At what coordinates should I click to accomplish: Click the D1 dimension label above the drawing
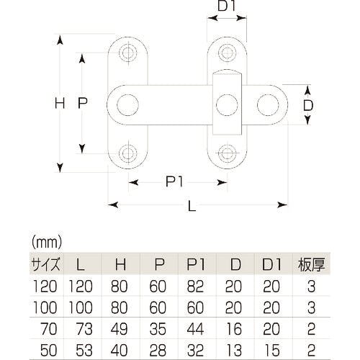(x=227, y=6)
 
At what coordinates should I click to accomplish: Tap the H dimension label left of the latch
(x=60, y=103)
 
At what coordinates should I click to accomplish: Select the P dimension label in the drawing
(x=83, y=103)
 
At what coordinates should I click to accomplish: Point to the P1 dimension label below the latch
(x=174, y=181)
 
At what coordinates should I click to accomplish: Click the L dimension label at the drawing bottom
(x=192, y=206)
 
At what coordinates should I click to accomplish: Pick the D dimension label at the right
(x=308, y=105)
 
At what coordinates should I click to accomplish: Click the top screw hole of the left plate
(x=128, y=53)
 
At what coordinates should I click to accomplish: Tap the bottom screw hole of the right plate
(x=227, y=153)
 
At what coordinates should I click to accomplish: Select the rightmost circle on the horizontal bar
(x=268, y=105)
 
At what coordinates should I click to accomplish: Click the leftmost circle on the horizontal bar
(x=127, y=105)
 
